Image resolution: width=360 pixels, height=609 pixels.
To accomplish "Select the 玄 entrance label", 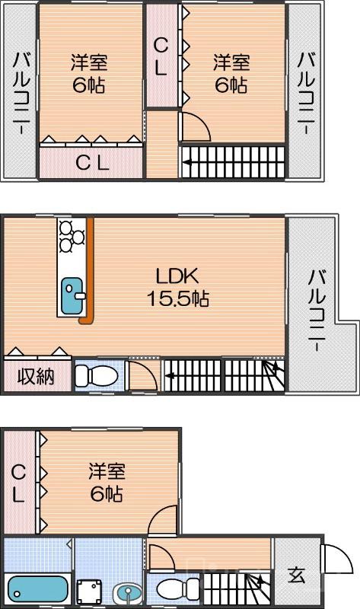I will [x=296, y=576].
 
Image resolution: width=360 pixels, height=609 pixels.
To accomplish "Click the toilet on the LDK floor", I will [x=96, y=375].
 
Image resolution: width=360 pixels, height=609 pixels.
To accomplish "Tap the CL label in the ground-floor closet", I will [x=18, y=484].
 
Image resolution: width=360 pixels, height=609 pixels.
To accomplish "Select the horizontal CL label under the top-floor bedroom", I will [x=92, y=161].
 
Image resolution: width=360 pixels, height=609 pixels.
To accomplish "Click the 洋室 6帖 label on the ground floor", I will [x=106, y=483].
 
